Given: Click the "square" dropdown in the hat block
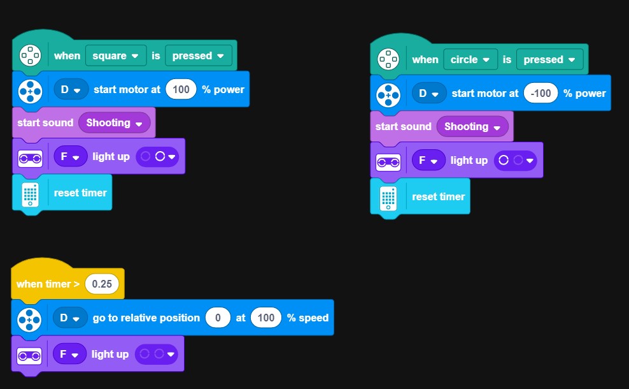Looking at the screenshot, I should (x=115, y=56).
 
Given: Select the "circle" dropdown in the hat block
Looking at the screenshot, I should (x=470, y=60).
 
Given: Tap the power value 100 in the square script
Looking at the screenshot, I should (x=181, y=90).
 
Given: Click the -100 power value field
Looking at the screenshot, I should (x=541, y=94).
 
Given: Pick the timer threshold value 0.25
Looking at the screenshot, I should (x=102, y=284).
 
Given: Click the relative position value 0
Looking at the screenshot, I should (x=218, y=318).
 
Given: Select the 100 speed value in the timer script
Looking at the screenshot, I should (x=265, y=318).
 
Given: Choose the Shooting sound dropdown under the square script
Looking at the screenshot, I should (x=114, y=123).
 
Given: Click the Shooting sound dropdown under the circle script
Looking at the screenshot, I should (x=472, y=127).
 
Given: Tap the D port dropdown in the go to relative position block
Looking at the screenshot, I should (x=70, y=318).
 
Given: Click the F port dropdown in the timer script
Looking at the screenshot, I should (x=69, y=354).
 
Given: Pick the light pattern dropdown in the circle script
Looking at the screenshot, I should (x=515, y=161).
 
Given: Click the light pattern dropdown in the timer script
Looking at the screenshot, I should (x=157, y=354).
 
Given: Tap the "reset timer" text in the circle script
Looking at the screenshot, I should (x=438, y=196).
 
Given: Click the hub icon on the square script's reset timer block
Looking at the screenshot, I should (x=30, y=193).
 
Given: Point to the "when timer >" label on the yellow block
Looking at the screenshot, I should (x=48, y=284).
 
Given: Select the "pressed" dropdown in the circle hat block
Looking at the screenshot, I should (x=552, y=60).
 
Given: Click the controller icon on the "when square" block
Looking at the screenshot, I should (x=30, y=56).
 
